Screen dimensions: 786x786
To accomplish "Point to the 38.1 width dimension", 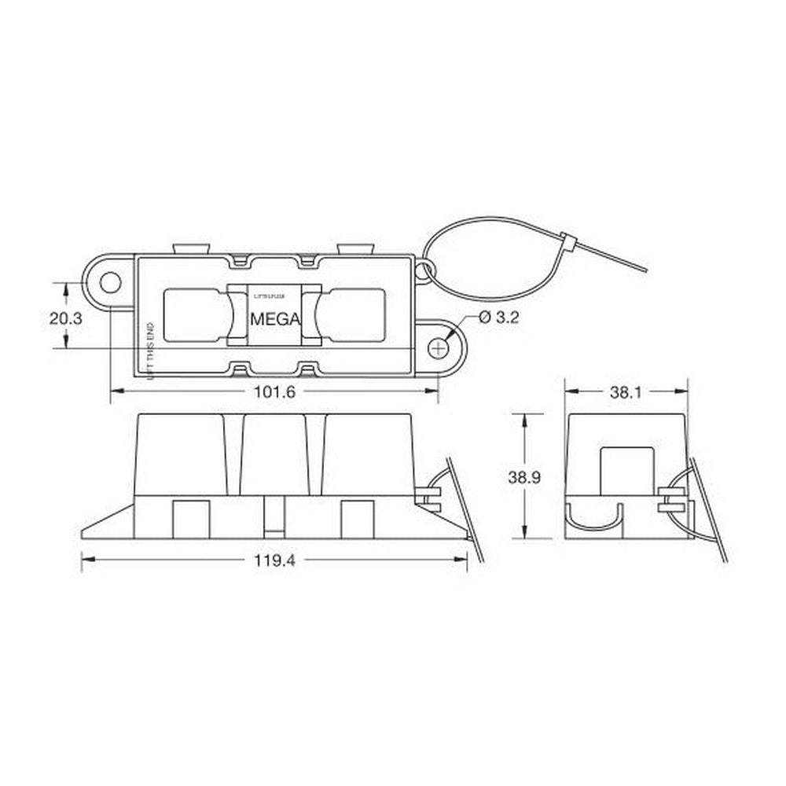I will tap(626, 391).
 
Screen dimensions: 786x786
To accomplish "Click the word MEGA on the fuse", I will tap(274, 320).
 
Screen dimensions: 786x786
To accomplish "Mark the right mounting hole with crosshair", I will tap(439, 346).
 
